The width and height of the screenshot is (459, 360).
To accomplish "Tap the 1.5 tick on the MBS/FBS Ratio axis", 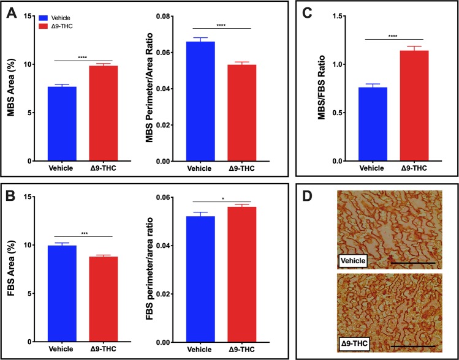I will coord(347,15).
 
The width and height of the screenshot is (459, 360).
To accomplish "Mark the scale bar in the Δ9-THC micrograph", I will coord(411,347).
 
